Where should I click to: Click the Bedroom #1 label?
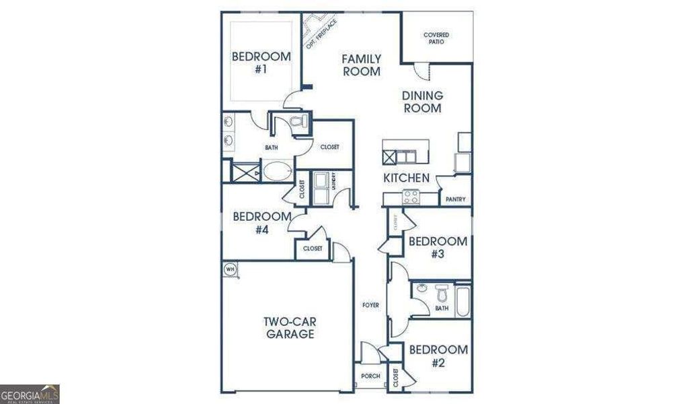261,63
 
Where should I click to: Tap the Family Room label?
362,65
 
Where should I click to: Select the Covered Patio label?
436,38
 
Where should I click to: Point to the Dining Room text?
422,102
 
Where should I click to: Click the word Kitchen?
406,178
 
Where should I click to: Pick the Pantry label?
455,199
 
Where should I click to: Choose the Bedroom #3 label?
438,247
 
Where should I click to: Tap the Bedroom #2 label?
438,356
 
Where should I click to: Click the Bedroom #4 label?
261,223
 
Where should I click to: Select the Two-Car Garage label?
289,327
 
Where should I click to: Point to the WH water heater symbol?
231,269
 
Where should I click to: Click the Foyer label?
370,305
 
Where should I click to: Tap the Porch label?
370,376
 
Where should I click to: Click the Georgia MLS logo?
30,393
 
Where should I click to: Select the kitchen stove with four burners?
410,197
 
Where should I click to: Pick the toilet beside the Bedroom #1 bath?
298,122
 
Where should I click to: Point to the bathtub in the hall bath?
463,301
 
